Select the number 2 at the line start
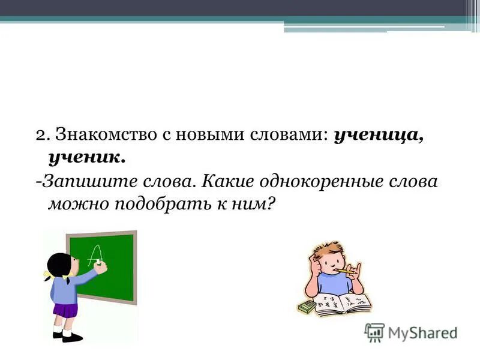pos(40,135)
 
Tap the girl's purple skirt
pos(65,310)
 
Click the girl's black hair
pos(59,265)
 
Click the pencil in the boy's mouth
pos(345,271)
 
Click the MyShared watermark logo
pos(410,332)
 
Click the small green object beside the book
pos(307,307)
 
